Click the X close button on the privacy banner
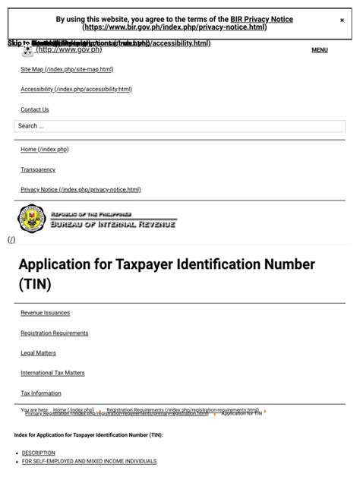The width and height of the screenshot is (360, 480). tap(342, 21)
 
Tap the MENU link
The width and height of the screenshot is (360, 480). tap(320, 50)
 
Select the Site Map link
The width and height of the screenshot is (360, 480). tap(67, 69)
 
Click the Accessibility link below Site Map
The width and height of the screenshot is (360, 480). tap(76, 89)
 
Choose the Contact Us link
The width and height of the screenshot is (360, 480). tap(35, 109)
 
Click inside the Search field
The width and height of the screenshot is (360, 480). tap(179, 126)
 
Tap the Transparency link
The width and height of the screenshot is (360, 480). tap(38, 169)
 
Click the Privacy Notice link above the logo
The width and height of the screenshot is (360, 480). tap(81, 189)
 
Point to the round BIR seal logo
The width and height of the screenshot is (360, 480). tap(31, 219)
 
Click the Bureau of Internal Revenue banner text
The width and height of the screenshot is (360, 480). tap(112, 223)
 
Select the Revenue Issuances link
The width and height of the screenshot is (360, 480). tap(45, 313)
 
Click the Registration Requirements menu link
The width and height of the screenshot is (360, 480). tap(54, 333)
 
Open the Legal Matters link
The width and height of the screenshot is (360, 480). tap(38, 353)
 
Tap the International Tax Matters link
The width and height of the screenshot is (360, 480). tap(52, 373)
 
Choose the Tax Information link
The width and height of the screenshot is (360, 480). tap(41, 393)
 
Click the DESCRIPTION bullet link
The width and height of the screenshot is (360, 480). tap(38, 453)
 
